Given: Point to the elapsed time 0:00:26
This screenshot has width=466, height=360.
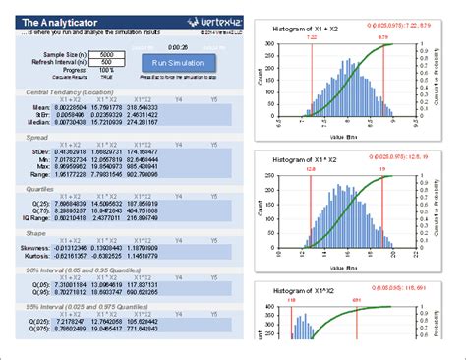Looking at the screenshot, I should coord(178,45).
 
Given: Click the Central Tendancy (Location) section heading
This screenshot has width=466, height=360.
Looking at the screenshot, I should coord(68,91).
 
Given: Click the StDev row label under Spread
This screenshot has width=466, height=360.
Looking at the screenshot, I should coord(38,151).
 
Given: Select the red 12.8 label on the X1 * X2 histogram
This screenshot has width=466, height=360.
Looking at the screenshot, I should coord(310,168).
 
